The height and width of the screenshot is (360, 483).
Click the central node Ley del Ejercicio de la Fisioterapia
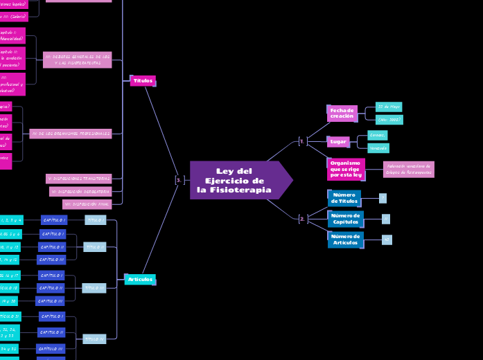[x=234, y=180]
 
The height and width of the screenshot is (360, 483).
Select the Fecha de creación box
[x=342, y=114]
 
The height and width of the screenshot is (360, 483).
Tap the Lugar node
[x=338, y=141]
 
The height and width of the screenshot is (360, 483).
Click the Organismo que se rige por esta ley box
[x=345, y=169]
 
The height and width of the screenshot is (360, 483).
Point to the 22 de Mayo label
[x=388, y=107]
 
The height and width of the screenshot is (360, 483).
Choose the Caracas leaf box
[x=377, y=135]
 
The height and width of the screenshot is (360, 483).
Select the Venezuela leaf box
[x=378, y=148]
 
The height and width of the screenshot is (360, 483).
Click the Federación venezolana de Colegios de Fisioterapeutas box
[x=408, y=169]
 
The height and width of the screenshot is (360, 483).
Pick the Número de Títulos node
[x=344, y=198]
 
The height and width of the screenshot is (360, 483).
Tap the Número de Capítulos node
[x=345, y=219]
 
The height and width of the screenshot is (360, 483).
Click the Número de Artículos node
[x=345, y=240]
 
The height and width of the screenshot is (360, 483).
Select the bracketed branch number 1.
[x=302, y=141]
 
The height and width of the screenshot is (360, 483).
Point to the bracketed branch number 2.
[x=302, y=219]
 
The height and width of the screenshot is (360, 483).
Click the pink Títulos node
[x=143, y=81]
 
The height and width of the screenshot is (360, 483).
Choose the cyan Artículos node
[x=140, y=279]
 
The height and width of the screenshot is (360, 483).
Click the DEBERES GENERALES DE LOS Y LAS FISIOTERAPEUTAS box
[x=77, y=60]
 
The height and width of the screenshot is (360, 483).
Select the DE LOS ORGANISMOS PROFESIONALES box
[x=71, y=133]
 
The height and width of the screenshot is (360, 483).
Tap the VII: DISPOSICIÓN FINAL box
[x=87, y=204]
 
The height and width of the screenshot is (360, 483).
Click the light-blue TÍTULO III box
[x=94, y=287]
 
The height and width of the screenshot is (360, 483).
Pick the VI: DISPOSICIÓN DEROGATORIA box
[x=80, y=191]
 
